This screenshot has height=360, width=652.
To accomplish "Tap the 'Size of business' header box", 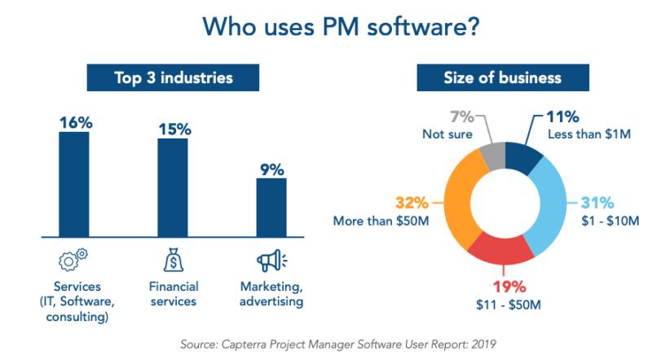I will point(502,79).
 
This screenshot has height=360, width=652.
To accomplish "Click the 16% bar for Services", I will point(74,182).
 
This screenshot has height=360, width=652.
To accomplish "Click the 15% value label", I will point(174,129).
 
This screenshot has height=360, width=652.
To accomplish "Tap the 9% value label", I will point(272,169).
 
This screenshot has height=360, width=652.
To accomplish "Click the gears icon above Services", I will point(74,261).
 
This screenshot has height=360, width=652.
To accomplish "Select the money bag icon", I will point(173,261).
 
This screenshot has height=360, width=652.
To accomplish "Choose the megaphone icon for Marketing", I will point(271,261).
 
